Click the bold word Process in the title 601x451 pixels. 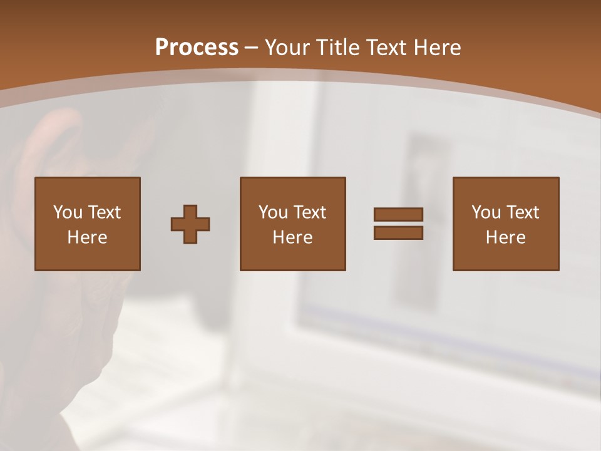coord(197,48)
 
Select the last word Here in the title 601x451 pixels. coord(436,48)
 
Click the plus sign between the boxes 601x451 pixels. coord(190,224)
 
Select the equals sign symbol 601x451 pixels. coord(398,224)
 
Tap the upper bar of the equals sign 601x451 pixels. coord(398,214)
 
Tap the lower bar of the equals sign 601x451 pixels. coord(398,233)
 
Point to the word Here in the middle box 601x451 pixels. coord(292,237)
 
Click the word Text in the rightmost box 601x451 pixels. coord(523,212)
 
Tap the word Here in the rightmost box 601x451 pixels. coord(505,237)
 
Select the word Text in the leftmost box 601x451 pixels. coord(104,212)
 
